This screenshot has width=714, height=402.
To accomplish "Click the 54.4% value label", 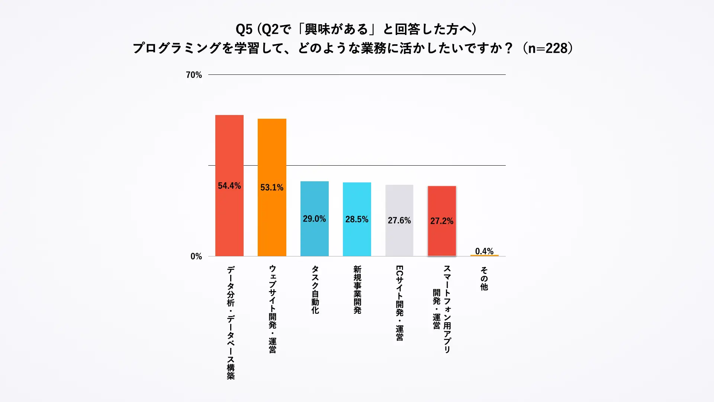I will [x=229, y=186].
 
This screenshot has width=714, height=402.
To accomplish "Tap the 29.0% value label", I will [x=314, y=218].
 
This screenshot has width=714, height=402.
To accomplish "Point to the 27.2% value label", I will [x=442, y=221].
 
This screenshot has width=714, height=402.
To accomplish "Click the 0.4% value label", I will [x=484, y=251].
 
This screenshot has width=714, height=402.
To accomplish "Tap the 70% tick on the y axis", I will [x=194, y=75].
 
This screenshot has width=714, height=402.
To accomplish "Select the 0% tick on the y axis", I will [x=196, y=256].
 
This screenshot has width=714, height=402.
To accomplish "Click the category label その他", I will [x=484, y=278].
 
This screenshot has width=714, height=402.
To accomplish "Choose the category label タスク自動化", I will [x=315, y=290].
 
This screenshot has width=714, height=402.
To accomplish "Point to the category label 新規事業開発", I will [x=357, y=290].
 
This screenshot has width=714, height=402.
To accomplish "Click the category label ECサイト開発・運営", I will [x=399, y=303].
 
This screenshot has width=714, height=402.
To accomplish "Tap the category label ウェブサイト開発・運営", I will [x=272, y=309].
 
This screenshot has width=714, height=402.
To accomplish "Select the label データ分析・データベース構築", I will [x=231, y=322].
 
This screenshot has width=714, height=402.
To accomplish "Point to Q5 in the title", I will [x=244, y=29].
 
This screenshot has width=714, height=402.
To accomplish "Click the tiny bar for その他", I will [x=484, y=255].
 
